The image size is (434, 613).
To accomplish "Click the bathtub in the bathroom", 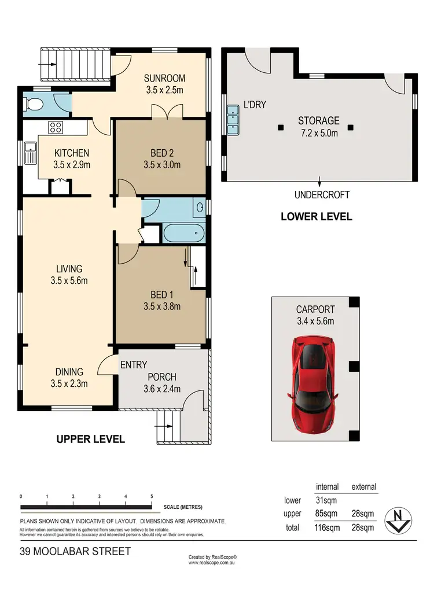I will pos(184,235).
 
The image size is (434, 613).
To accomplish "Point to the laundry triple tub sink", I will pos(234,120).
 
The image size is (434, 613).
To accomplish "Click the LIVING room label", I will pos(69,268).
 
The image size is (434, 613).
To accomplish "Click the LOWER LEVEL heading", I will pos(316,217).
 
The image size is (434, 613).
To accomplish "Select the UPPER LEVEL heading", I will pos(90,439).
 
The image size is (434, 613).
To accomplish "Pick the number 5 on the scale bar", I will pos(152,496).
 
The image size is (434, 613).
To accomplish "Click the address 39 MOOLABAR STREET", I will pos(75,551).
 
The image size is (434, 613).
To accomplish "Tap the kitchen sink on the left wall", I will pos(30,154).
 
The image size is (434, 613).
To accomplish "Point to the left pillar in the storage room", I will pos(281,128).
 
